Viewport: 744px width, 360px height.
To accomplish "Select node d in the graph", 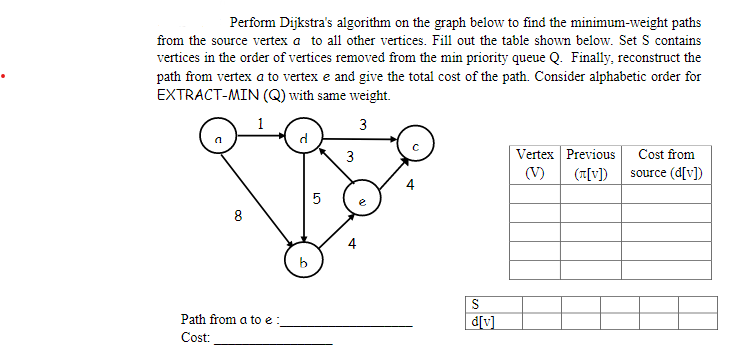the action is click(302, 134).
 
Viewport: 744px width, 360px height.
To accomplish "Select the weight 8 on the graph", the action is click(236, 213).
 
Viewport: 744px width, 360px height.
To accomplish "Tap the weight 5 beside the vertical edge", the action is click(317, 199).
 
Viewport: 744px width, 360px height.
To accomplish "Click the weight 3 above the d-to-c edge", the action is click(362, 124).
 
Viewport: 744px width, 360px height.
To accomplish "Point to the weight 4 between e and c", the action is click(410, 184).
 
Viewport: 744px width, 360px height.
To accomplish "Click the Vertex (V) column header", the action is click(535, 163).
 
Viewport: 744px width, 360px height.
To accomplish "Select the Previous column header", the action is click(590, 163).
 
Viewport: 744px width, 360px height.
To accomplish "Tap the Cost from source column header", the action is click(665, 163).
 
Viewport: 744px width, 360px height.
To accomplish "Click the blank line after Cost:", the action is click(274, 342).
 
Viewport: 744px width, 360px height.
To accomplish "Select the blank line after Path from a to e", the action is click(350, 324).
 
